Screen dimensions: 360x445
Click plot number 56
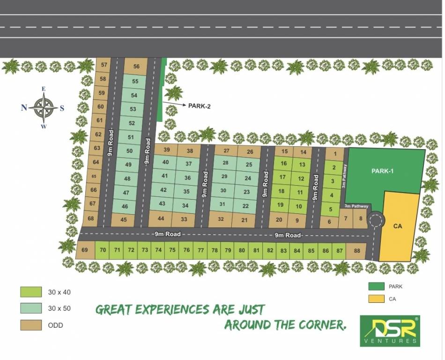(x=136, y=67)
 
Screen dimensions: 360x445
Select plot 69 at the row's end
(x=84, y=250)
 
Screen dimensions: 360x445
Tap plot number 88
(x=357, y=251)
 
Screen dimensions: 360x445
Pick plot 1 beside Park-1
(x=334, y=153)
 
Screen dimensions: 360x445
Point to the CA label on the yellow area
(x=398, y=226)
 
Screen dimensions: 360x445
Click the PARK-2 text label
(x=199, y=106)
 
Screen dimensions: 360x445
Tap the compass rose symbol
(x=43, y=107)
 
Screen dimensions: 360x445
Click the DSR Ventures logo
(x=390, y=330)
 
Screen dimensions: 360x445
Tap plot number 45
(x=124, y=219)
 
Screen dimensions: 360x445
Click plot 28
(x=225, y=163)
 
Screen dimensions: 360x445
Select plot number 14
(x=303, y=152)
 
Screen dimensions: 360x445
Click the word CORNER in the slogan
(x=319, y=324)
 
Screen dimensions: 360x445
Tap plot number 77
(x=200, y=250)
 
